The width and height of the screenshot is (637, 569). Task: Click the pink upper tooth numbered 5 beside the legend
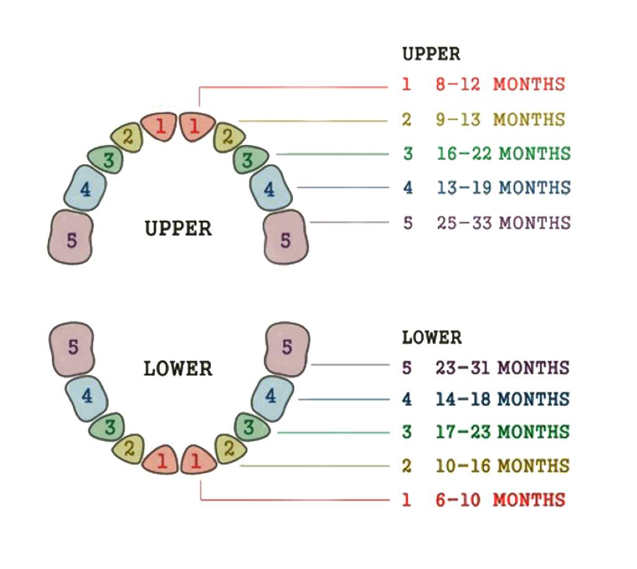pyautogui.click(x=286, y=238)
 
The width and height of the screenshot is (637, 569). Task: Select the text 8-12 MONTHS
pyautogui.click(x=500, y=84)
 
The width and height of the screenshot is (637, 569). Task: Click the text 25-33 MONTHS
pyautogui.click(x=503, y=222)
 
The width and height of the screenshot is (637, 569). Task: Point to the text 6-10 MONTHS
pyautogui.click(x=500, y=499)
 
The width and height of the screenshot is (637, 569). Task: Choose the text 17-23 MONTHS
pyautogui.click(x=502, y=432)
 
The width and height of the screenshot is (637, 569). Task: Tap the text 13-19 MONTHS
pyautogui.click(x=503, y=187)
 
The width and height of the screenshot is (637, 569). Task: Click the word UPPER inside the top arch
pyautogui.click(x=179, y=228)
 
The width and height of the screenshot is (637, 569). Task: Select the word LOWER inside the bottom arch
pyautogui.click(x=178, y=368)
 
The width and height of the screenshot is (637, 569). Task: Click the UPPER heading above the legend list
pyautogui.click(x=431, y=54)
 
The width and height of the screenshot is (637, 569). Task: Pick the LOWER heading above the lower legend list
pyautogui.click(x=432, y=338)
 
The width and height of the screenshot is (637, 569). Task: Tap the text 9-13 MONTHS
pyautogui.click(x=500, y=119)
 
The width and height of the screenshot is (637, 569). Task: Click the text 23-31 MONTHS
pyautogui.click(x=502, y=367)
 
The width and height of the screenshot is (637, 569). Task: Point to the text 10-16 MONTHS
pyautogui.click(x=502, y=465)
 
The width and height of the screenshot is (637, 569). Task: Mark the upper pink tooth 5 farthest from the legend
pyautogui.click(x=71, y=238)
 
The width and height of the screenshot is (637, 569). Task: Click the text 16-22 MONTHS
pyautogui.click(x=503, y=153)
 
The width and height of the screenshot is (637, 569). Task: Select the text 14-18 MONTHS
pyautogui.click(x=502, y=399)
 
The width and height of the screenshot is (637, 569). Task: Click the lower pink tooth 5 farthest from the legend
pyautogui.click(x=72, y=348)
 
